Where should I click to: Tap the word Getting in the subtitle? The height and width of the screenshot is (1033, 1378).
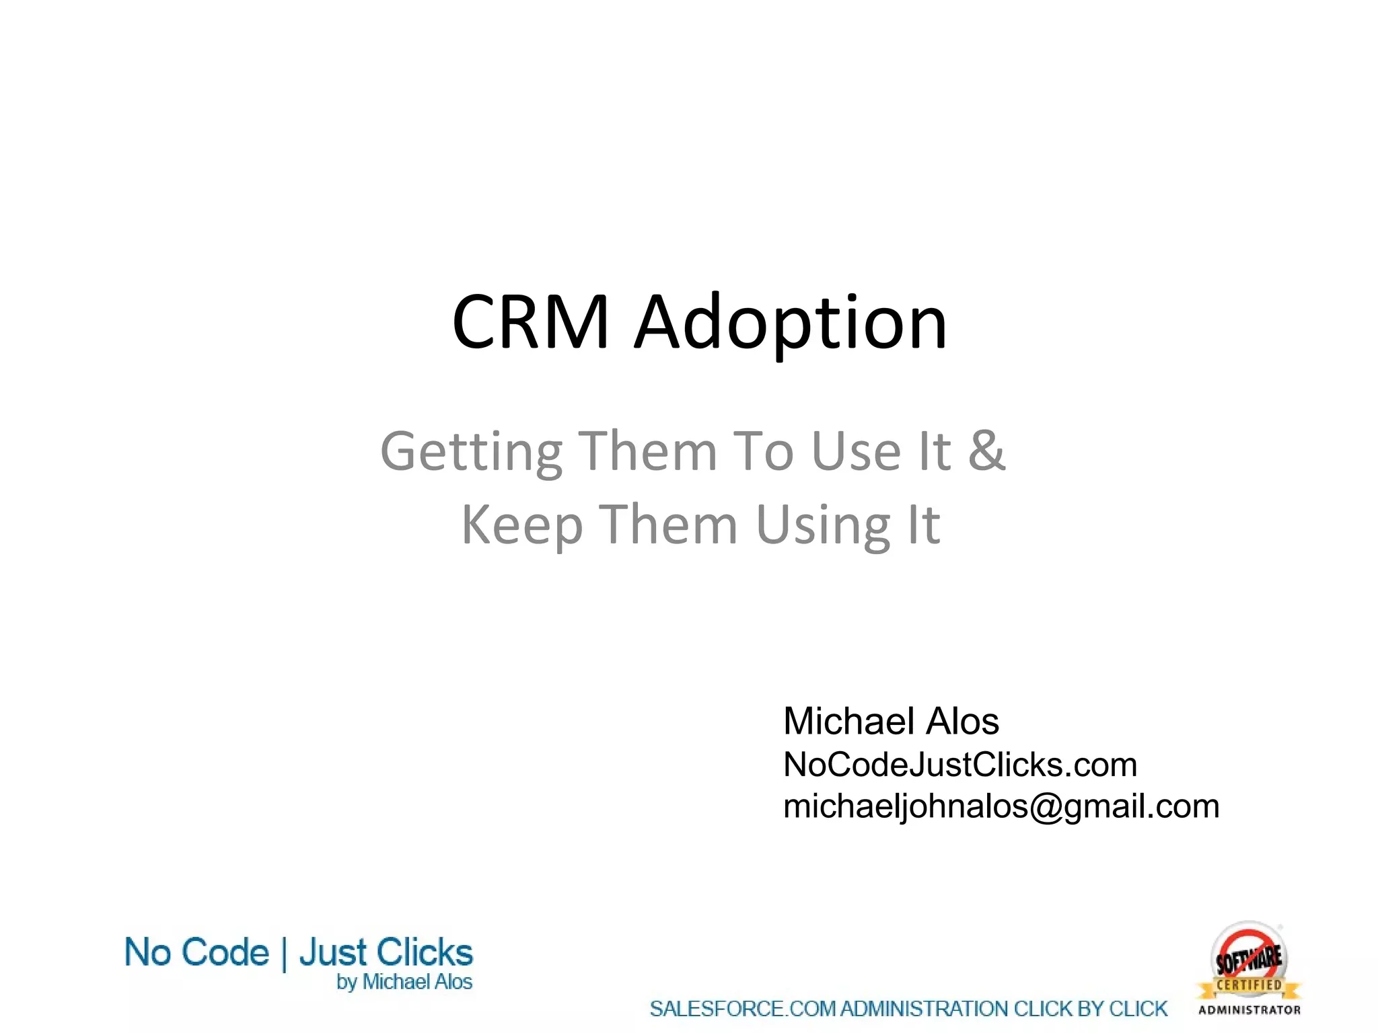[x=471, y=452]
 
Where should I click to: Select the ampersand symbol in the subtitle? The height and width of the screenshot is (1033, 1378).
[x=986, y=450]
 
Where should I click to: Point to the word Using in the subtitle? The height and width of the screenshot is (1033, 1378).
[x=822, y=525]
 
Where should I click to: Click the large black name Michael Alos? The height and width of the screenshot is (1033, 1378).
[x=890, y=722]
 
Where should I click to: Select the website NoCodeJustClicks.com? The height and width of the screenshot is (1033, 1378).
[x=959, y=765]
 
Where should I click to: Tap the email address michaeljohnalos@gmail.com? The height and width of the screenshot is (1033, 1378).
[x=1001, y=806]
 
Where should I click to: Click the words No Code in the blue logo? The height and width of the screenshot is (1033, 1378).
[x=196, y=953]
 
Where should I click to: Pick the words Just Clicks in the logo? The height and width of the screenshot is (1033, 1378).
[x=386, y=953]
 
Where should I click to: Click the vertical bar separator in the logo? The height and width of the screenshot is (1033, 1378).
[x=284, y=954]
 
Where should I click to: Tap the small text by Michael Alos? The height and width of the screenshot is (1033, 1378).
[x=404, y=983]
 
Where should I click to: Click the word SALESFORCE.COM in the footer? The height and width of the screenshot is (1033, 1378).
[x=743, y=1009]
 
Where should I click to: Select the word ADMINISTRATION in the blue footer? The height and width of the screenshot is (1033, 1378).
[x=924, y=1009]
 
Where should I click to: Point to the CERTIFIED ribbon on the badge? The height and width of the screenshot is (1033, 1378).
[x=1249, y=985]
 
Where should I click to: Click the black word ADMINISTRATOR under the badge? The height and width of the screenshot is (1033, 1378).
[x=1249, y=1010]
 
